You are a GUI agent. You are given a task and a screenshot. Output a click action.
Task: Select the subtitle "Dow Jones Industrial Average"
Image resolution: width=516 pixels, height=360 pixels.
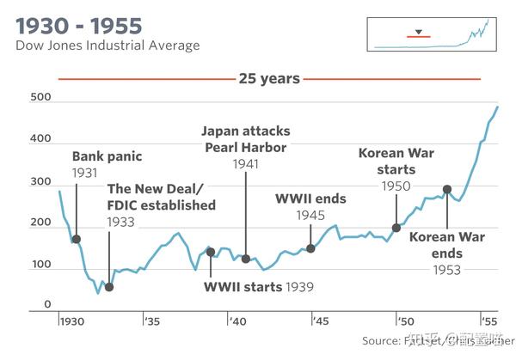[x=107, y=45]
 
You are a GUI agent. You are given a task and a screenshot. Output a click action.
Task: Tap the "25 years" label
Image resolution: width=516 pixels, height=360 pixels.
[x=268, y=79]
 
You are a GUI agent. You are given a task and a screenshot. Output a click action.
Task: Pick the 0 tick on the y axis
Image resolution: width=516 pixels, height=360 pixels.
[x=48, y=304]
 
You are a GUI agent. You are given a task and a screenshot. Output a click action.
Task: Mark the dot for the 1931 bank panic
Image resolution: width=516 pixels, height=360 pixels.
[x=76, y=240]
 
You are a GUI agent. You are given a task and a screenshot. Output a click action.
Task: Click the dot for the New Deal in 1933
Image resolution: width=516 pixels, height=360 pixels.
[x=108, y=287]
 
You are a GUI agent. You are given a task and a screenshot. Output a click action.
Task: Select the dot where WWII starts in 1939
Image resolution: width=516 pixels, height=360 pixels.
[x=210, y=252]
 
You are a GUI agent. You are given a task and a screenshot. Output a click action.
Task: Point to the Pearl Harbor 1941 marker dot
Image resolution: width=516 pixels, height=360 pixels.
[x=246, y=259]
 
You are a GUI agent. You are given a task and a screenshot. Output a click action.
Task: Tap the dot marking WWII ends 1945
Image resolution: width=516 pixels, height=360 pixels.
[x=310, y=248]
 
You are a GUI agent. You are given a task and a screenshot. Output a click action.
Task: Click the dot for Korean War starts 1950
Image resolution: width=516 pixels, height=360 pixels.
[x=396, y=228]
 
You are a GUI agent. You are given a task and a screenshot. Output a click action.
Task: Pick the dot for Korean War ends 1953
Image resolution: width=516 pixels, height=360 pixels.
[x=446, y=189]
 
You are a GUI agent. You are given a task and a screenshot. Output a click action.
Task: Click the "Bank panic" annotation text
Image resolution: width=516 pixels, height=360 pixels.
[x=107, y=157]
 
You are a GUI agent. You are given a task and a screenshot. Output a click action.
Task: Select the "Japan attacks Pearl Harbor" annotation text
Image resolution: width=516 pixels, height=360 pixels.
[x=246, y=139]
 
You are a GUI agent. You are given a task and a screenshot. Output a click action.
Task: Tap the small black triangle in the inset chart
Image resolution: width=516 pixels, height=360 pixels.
[x=418, y=32]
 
